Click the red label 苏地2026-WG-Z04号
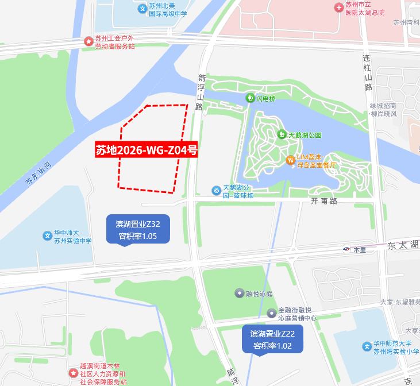click(x=147, y=150)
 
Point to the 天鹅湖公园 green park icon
click(x=282, y=134)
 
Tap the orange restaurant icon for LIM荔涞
click(x=290, y=159)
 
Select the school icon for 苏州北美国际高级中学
click(x=142, y=9)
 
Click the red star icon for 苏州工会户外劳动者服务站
click(x=88, y=41)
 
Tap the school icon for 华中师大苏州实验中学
click(x=47, y=236)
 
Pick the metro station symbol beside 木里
click(x=347, y=249)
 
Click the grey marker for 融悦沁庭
click(x=239, y=294)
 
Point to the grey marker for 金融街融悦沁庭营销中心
click(x=271, y=313)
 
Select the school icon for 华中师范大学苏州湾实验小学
click(x=367, y=346)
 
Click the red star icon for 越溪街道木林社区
click(x=73, y=373)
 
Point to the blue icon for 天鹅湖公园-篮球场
click(x=216, y=190)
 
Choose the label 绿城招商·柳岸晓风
click(x=391, y=110)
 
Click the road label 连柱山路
click(x=368, y=73)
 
